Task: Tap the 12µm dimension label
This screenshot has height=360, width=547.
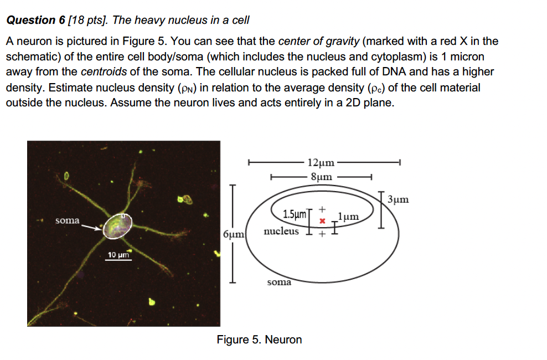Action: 321,163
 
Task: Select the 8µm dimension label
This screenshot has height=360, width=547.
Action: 322,177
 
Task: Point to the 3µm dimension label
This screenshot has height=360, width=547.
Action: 398,199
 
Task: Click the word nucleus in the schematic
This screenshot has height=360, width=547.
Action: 281,231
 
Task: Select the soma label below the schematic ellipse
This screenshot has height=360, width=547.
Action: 279,282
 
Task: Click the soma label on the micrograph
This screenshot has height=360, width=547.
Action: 68,220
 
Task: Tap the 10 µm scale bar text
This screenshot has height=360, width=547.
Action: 118,255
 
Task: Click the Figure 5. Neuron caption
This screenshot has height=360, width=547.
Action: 259,340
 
